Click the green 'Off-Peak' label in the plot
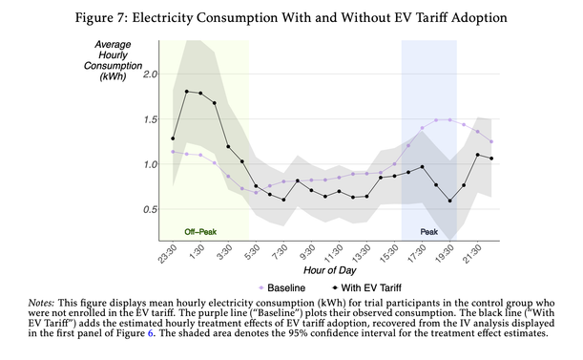tap(203, 231)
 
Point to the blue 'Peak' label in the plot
tap(428, 231)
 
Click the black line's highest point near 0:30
tap(186, 91)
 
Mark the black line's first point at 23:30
tap(173, 138)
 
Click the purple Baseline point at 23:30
tap(173, 151)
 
